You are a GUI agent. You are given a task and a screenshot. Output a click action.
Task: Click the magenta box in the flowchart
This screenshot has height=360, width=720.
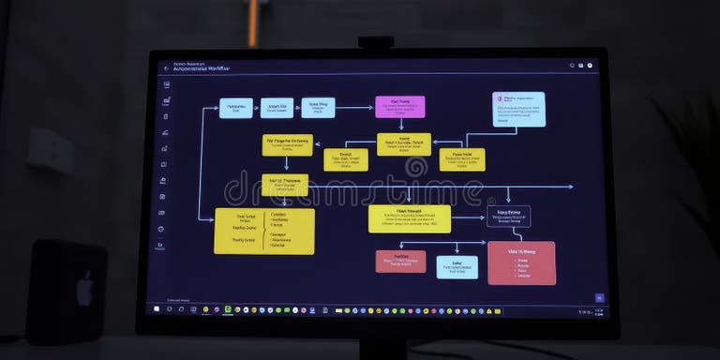(399, 106)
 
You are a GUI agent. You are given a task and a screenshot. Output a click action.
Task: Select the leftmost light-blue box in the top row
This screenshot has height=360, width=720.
(235, 108)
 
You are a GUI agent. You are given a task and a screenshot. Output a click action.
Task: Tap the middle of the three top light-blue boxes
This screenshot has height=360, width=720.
(277, 108)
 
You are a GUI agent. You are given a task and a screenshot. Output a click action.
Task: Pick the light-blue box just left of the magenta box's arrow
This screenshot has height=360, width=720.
(318, 108)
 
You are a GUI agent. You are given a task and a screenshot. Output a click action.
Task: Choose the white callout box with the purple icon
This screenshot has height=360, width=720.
(518, 109)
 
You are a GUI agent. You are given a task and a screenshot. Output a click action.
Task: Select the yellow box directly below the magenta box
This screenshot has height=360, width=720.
(404, 143)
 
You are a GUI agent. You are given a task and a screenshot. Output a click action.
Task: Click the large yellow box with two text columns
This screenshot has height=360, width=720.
(264, 231)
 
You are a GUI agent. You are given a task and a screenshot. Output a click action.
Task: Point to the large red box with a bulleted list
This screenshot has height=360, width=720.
(521, 262)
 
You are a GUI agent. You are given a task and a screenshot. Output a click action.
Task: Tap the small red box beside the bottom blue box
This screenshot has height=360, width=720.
(400, 262)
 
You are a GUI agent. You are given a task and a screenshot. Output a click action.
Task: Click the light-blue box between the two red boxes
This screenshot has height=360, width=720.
(457, 267)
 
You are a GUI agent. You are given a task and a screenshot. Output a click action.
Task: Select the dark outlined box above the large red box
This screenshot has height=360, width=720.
(508, 217)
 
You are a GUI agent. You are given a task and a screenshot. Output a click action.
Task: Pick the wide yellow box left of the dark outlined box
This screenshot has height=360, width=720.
(409, 218)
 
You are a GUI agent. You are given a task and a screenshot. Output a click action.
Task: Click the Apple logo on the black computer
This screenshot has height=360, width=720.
(84, 290)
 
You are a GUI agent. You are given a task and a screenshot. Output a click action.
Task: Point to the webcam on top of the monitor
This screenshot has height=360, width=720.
(375, 42)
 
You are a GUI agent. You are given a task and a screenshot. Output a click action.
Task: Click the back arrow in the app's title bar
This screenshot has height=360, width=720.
(167, 67)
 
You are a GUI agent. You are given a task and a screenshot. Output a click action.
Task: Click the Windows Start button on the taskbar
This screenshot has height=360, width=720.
(157, 309)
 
